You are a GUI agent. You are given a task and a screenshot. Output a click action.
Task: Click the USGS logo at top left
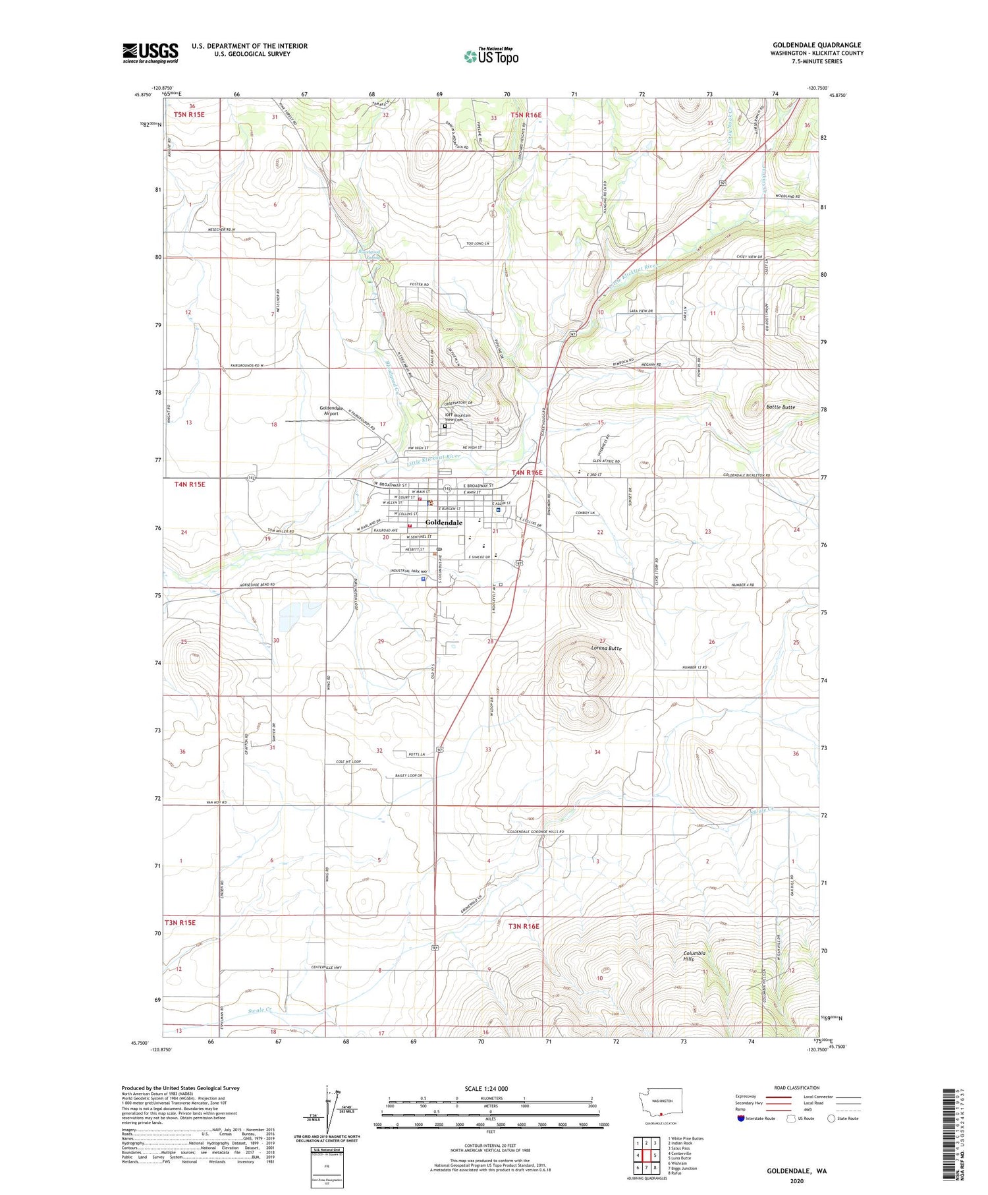(150, 53)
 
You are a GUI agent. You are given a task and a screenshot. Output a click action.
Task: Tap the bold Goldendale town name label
(443, 522)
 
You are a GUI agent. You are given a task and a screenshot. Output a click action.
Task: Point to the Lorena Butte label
(605, 648)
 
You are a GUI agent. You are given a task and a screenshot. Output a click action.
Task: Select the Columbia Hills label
(694, 956)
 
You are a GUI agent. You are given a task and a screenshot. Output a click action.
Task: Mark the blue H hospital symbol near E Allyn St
(498, 510)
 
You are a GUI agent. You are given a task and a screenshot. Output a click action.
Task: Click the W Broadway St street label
(391, 484)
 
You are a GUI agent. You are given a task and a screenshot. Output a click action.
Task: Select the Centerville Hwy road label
(327, 967)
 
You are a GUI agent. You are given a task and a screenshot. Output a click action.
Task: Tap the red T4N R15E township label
(190, 484)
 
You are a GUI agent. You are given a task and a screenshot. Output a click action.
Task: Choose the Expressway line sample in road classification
(778, 1097)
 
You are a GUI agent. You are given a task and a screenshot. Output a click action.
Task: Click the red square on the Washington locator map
(661, 1115)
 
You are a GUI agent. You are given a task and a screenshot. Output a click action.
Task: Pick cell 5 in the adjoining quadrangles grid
(655, 1155)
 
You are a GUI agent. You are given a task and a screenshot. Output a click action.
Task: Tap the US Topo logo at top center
(491, 57)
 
